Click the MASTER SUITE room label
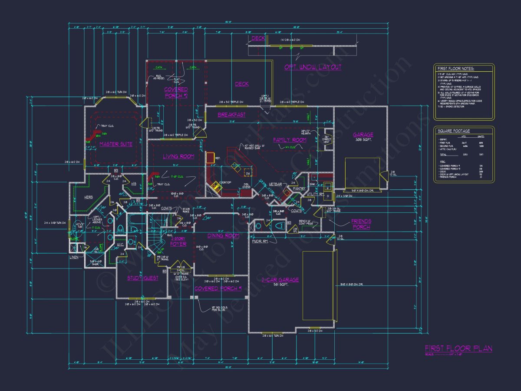(115, 144)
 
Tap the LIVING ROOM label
(178, 156)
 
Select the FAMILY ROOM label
(290, 140)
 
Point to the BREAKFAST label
(231, 115)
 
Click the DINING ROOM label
(224, 235)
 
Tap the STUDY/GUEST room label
(143, 278)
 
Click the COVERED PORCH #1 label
(218, 288)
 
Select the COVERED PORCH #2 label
(176, 93)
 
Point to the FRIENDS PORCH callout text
(361, 224)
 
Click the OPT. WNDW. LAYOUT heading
(313, 67)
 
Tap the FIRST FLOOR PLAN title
(458, 348)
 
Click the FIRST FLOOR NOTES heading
(456, 69)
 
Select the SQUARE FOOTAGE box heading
(454, 131)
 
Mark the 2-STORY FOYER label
(178, 241)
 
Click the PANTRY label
(300, 189)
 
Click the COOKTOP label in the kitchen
(224, 182)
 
